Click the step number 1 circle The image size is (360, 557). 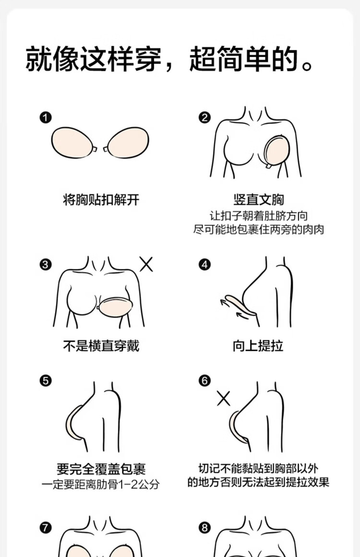(46, 118)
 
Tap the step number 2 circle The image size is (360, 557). (204, 118)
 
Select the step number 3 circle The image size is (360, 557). (46, 265)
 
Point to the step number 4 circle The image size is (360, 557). (204, 265)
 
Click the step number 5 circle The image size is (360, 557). (46, 381)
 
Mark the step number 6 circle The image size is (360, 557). (204, 381)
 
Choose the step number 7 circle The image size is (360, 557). (46, 528)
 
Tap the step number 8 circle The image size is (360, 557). (204, 528)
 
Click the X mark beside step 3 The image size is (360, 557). (146, 265)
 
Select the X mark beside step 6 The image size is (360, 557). (224, 398)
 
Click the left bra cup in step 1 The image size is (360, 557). (72, 143)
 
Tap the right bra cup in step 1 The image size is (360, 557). (127, 143)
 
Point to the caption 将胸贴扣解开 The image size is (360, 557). (101, 200)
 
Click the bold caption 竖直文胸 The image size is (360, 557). (258, 200)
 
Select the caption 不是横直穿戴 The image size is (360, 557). (101, 345)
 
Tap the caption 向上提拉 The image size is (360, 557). (258, 345)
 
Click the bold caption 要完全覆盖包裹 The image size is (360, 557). (101, 469)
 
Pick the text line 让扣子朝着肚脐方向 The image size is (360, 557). (258, 216)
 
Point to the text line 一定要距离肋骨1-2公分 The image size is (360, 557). (101, 485)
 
